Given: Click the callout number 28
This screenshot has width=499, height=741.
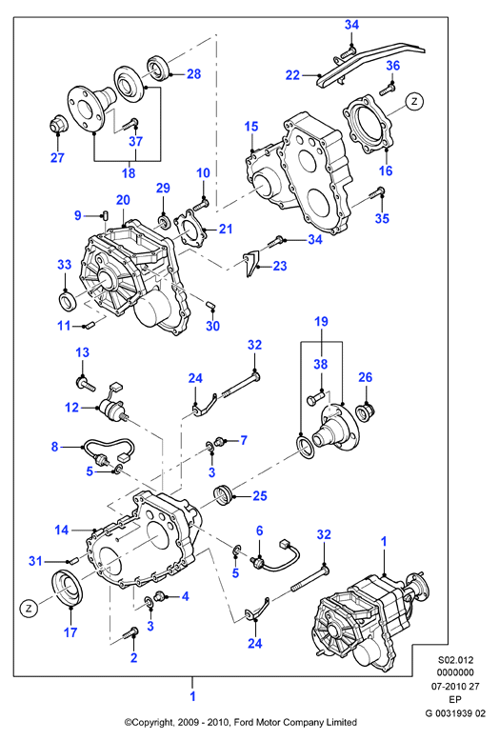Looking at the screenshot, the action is [193, 73].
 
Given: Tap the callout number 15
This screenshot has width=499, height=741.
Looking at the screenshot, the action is [251, 127].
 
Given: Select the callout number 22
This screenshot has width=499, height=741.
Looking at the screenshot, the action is [293, 75].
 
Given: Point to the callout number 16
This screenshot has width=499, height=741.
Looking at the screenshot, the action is [386, 170].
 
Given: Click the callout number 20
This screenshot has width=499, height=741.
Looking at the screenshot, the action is [123, 200].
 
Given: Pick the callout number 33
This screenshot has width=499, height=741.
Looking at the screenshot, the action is [64, 265].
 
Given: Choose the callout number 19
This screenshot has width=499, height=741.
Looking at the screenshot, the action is [321, 322].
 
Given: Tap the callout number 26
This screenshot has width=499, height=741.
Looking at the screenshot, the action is [366, 377].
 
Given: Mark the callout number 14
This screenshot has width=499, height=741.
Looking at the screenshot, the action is [62, 531].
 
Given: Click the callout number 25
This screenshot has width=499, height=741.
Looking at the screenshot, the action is [260, 495].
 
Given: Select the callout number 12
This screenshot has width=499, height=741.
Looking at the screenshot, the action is [71, 408].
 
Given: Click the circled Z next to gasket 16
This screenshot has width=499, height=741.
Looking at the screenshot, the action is [414, 101].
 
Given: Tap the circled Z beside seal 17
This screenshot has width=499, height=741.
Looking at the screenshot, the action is [29, 609].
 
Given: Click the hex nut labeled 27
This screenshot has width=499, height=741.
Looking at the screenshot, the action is [58, 125].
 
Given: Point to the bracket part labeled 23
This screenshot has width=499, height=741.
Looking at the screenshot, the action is [251, 263].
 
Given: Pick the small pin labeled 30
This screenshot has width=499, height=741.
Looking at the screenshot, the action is [210, 304].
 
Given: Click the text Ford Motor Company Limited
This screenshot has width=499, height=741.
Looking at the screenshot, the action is [293, 722].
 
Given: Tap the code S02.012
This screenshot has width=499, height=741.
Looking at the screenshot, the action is [455, 660].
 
